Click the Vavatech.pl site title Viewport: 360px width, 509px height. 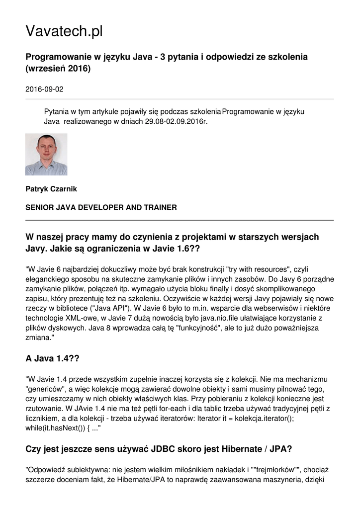click(x=64, y=31)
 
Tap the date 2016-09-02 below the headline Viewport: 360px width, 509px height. click(x=44, y=89)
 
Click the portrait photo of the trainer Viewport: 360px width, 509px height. click(x=46, y=154)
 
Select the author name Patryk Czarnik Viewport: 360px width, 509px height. click(x=51, y=189)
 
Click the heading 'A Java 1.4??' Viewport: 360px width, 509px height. click(x=52, y=358)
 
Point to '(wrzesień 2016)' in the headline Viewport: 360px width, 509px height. click(x=58, y=69)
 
